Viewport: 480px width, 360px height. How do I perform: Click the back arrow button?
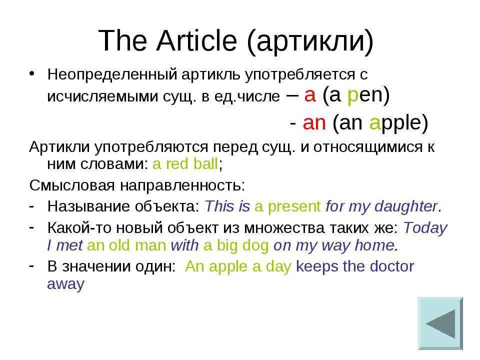[x=440, y=323]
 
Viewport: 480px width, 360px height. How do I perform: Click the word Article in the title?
[x=196, y=40]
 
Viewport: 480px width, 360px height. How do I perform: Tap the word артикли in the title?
[x=309, y=42]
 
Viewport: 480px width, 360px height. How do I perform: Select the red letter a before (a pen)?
[x=310, y=95]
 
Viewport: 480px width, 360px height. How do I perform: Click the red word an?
[x=314, y=123]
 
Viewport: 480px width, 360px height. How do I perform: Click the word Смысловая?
[x=72, y=185]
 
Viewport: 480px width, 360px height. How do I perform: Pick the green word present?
[x=294, y=207]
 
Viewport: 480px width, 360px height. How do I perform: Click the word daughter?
[x=406, y=207]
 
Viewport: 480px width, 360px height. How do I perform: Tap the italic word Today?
[x=425, y=228]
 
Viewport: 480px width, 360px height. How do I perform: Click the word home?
[x=374, y=245]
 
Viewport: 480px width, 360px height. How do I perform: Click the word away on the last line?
[x=66, y=284]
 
